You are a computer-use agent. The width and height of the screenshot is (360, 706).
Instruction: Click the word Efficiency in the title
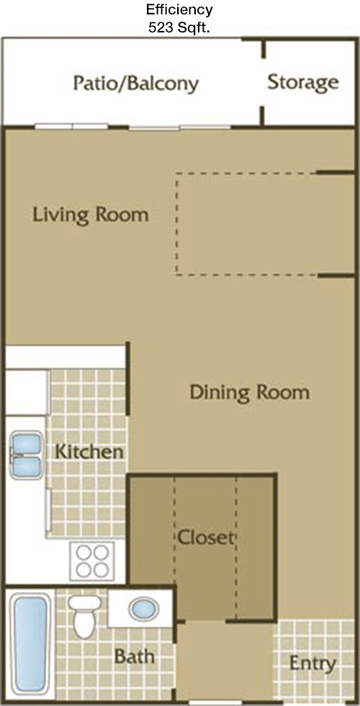pos(179,9)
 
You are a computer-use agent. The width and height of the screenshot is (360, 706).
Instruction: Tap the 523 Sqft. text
pos(179,28)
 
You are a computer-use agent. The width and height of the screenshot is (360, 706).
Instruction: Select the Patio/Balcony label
pos(136,84)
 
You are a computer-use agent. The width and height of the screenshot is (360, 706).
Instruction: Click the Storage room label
pos(303,82)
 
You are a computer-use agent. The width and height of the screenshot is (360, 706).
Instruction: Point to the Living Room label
pos(91,215)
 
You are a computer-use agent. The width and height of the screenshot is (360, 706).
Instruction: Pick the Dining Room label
pos(249,392)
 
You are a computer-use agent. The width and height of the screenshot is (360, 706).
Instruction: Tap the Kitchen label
pos(89,452)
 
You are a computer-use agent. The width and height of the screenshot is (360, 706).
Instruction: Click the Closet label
pos(206,537)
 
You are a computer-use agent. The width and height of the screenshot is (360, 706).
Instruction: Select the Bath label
pos(135,656)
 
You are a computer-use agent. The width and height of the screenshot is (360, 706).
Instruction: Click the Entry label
pos(312,663)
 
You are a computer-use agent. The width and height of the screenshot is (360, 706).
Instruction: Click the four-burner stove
pos(92,561)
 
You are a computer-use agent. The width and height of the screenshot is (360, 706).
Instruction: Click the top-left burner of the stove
pos(84,552)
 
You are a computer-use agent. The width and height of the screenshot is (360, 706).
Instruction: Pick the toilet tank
pos(85,602)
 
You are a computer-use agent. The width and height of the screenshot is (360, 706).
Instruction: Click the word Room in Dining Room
pos(283,392)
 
